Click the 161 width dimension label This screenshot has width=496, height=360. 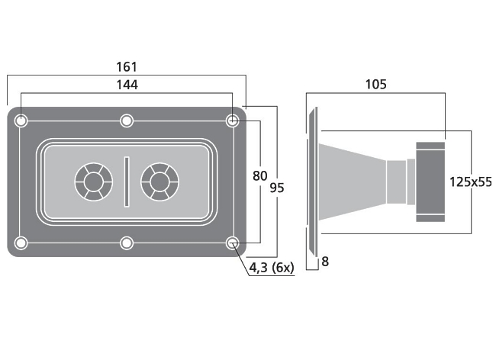(127, 67)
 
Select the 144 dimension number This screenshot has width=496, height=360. (127, 85)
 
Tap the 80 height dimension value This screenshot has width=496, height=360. (259, 176)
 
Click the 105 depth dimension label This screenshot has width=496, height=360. (375, 85)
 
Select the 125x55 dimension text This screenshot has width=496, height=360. (471, 182)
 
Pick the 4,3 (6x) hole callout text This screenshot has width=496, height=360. (272, 268)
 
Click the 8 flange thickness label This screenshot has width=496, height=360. (325, 262)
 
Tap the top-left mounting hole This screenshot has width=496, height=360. (21, 121)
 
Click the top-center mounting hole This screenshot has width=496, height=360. (127, 121)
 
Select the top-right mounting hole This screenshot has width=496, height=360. (232, 121)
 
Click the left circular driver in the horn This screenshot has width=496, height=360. (94, 182)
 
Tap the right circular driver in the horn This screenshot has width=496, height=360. (159, 182)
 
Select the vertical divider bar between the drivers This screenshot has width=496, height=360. (127, 182)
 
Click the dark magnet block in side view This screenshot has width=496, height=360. (430, 182)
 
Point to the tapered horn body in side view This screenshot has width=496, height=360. (353, 182)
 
